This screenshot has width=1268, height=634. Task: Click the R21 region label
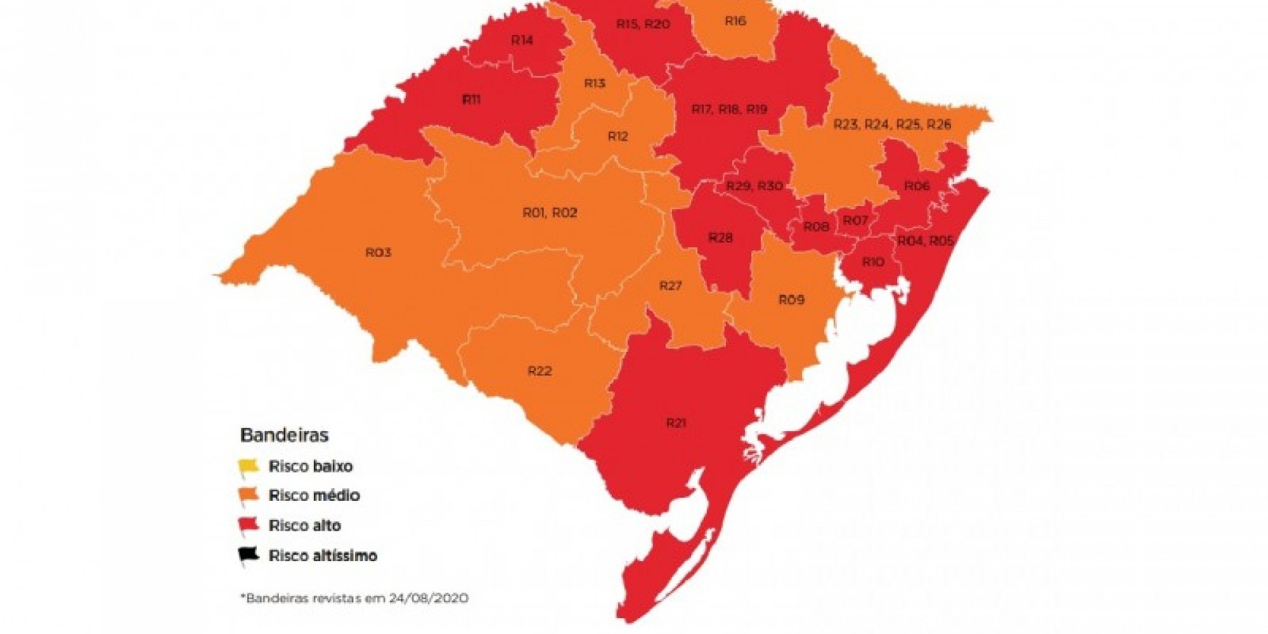(x=676, y=423)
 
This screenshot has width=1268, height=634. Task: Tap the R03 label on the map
(x=378, y=252)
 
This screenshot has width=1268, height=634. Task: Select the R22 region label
(x=540, y=371)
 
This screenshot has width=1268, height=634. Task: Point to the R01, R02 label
(x=550, y=213)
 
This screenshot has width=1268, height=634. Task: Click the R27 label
(x=670, y=286)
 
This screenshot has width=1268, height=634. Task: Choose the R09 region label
(x=791, y=299)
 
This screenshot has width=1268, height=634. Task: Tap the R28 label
(x=720, y=238)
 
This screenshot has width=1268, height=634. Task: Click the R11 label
(x=471, y=100)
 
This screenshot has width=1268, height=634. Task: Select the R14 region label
(x=522, y=40)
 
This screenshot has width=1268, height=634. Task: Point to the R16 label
(x=735, y=21)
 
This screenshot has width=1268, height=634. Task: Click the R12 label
(x=618, y=136)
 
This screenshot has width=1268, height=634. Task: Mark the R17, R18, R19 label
(x=729, y=109)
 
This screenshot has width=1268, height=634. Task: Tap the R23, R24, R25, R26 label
(x=891, y=124)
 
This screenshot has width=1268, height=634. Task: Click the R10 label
(x=872, y=262)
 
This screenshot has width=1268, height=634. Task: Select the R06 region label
(x=917, y=186)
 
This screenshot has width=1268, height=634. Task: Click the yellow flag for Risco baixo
(x=248, y=467)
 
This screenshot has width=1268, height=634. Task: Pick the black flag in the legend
(x=248, y=555)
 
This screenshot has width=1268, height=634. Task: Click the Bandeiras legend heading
(x=284, y=436)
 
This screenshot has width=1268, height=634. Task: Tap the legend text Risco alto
(x=304, y=526)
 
